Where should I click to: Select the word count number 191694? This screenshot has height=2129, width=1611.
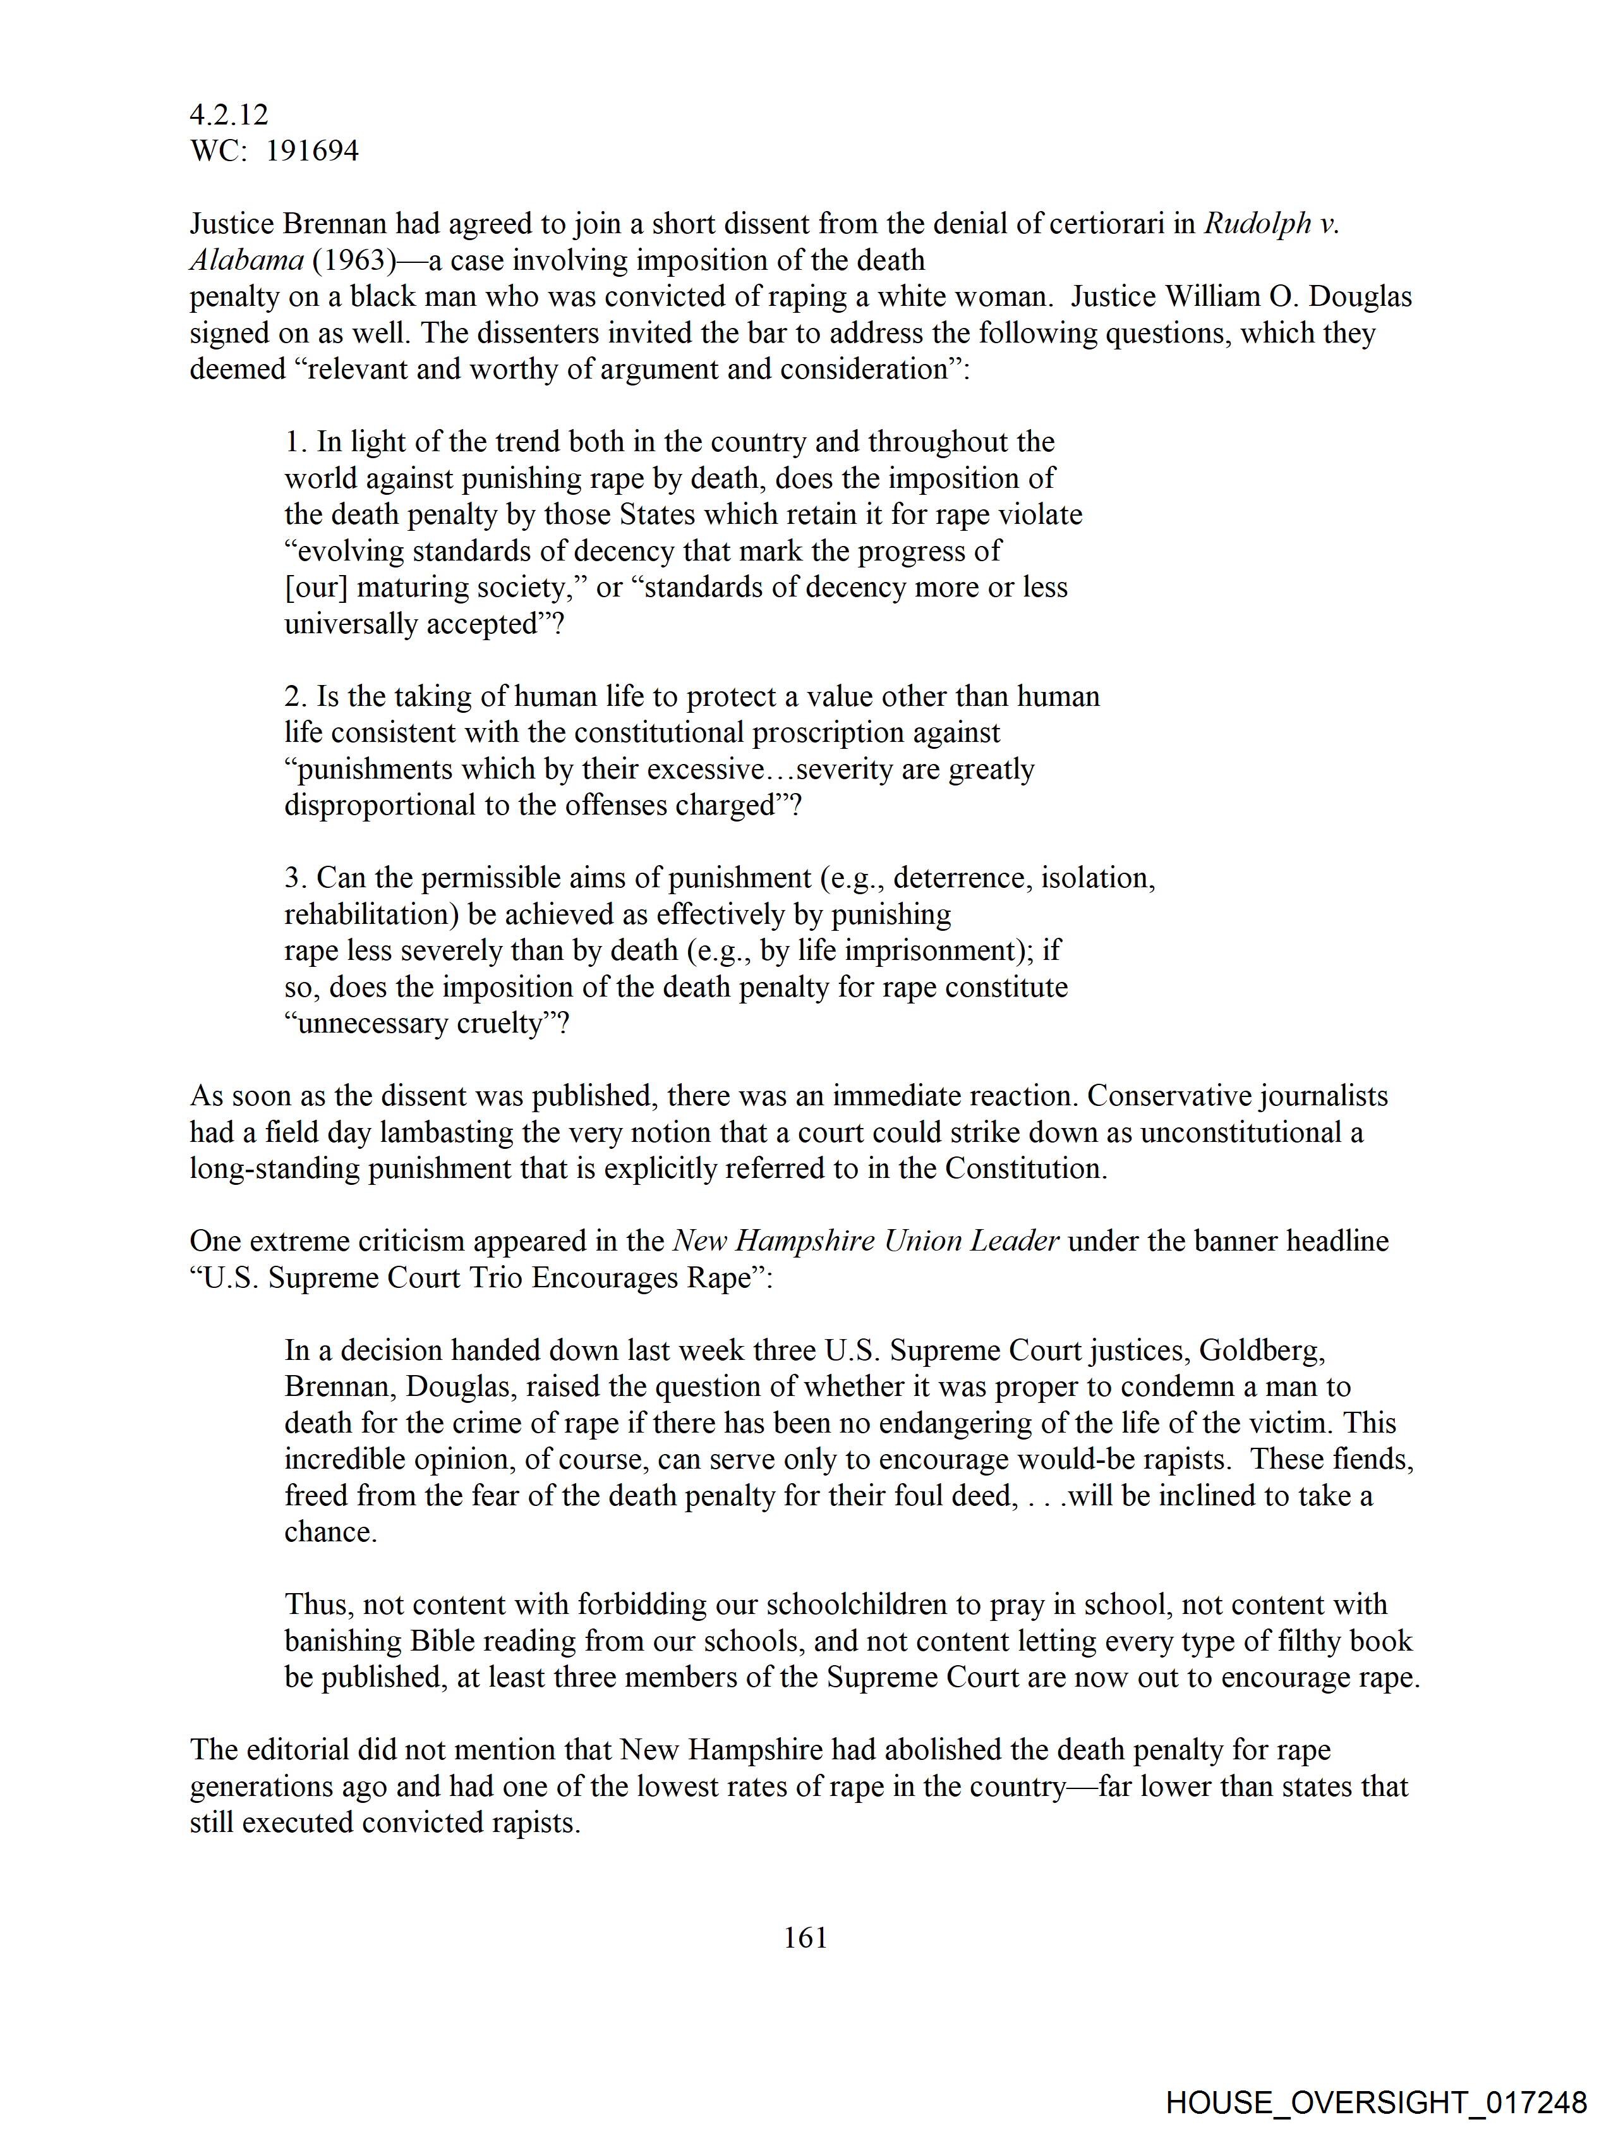pyautogui.click(x=312, y=151)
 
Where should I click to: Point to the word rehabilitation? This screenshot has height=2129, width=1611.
pyautogui.click(x=370, y=914)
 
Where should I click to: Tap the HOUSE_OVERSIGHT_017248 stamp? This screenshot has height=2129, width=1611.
pyautogui.click(x=1375, y=2104)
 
